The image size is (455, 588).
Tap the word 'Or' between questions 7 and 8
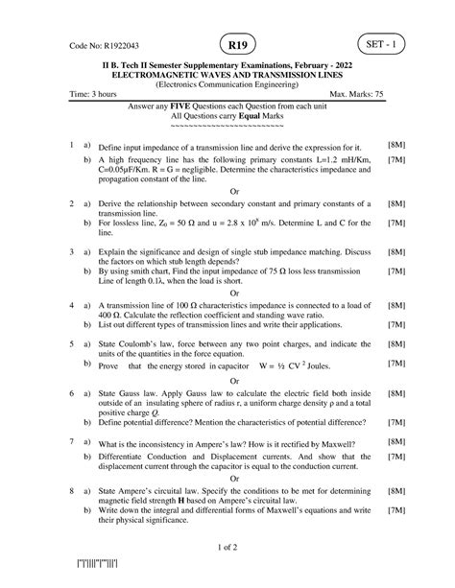pyautogui.click(x=231, y=477)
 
